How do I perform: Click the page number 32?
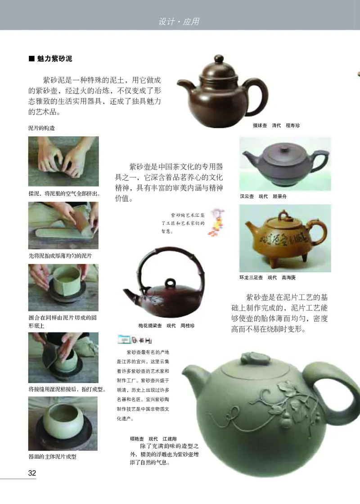click(32, 473)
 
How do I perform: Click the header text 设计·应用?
click(179, 21)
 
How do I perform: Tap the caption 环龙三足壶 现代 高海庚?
click(267, 277)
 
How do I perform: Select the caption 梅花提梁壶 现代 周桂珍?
click(166, 325)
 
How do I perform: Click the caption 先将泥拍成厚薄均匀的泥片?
click(60, 256)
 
